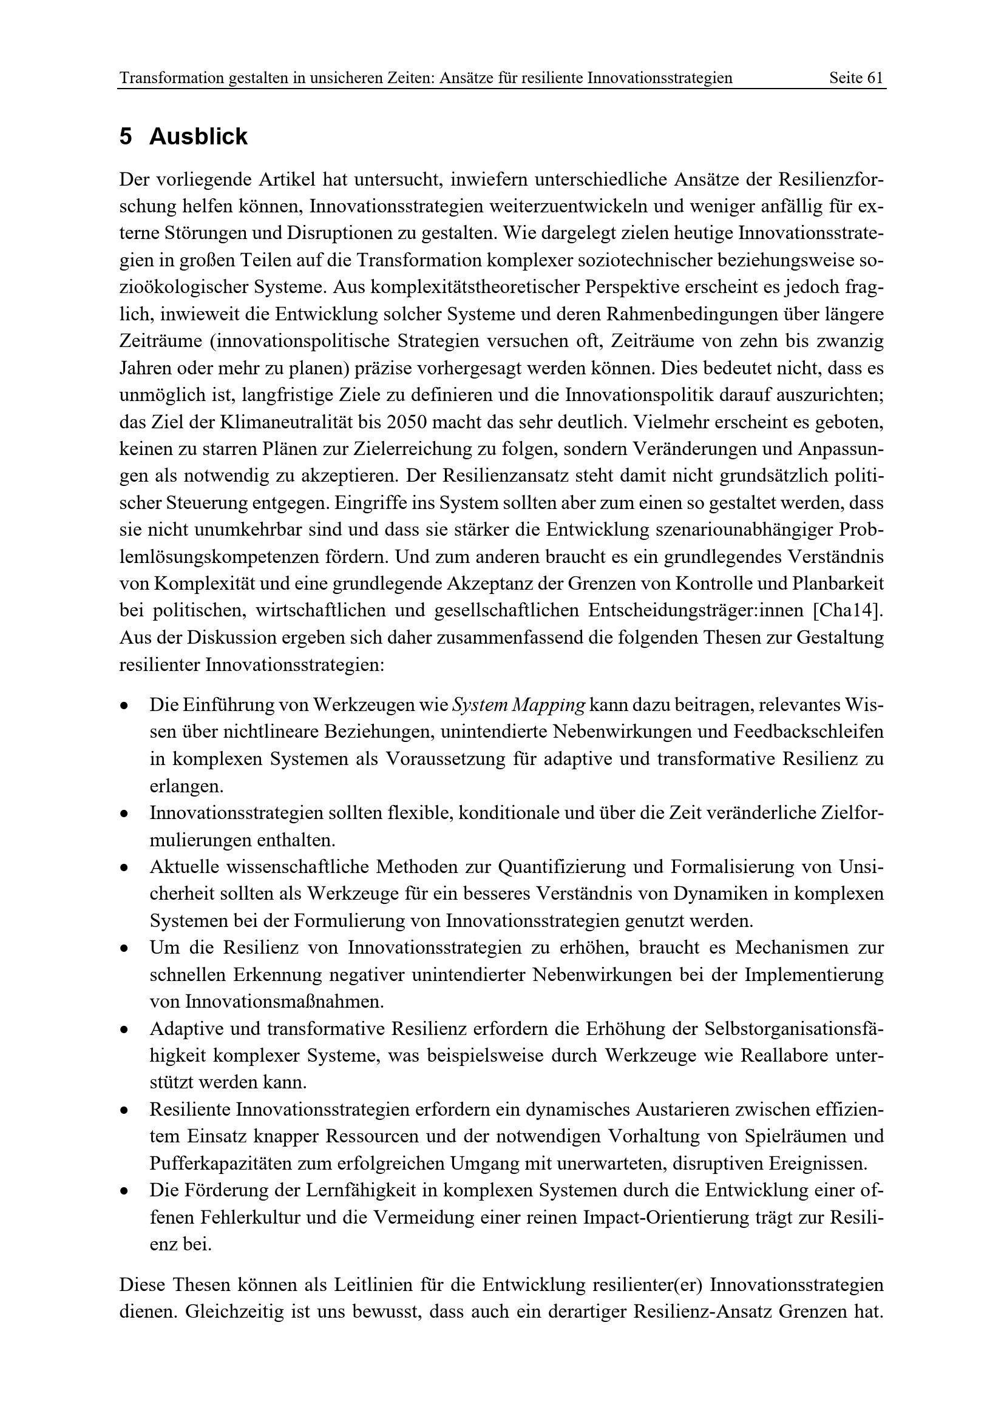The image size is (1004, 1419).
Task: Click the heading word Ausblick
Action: pyautogui.click(x=198, y=137)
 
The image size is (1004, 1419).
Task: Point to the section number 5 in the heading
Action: pyautogui.click(x=126, y=137)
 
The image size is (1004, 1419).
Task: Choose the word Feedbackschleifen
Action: pyautogui.click(x=809, y=732)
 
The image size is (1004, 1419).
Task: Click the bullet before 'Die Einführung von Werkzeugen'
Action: pyautogui.click(x=125, y=706)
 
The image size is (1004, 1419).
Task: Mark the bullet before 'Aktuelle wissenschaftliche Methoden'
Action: pyautogui.click(x=125, y=868)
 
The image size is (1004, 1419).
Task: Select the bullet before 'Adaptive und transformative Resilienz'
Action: pyautogui.click(x=125, y=1030)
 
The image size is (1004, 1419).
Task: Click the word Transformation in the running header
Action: pyautogui.click(x=171, y=78)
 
